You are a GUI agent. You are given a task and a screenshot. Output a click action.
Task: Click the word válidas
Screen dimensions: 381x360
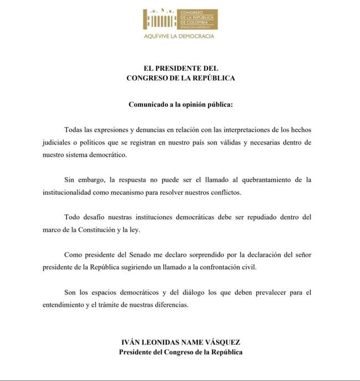pos(246,142)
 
